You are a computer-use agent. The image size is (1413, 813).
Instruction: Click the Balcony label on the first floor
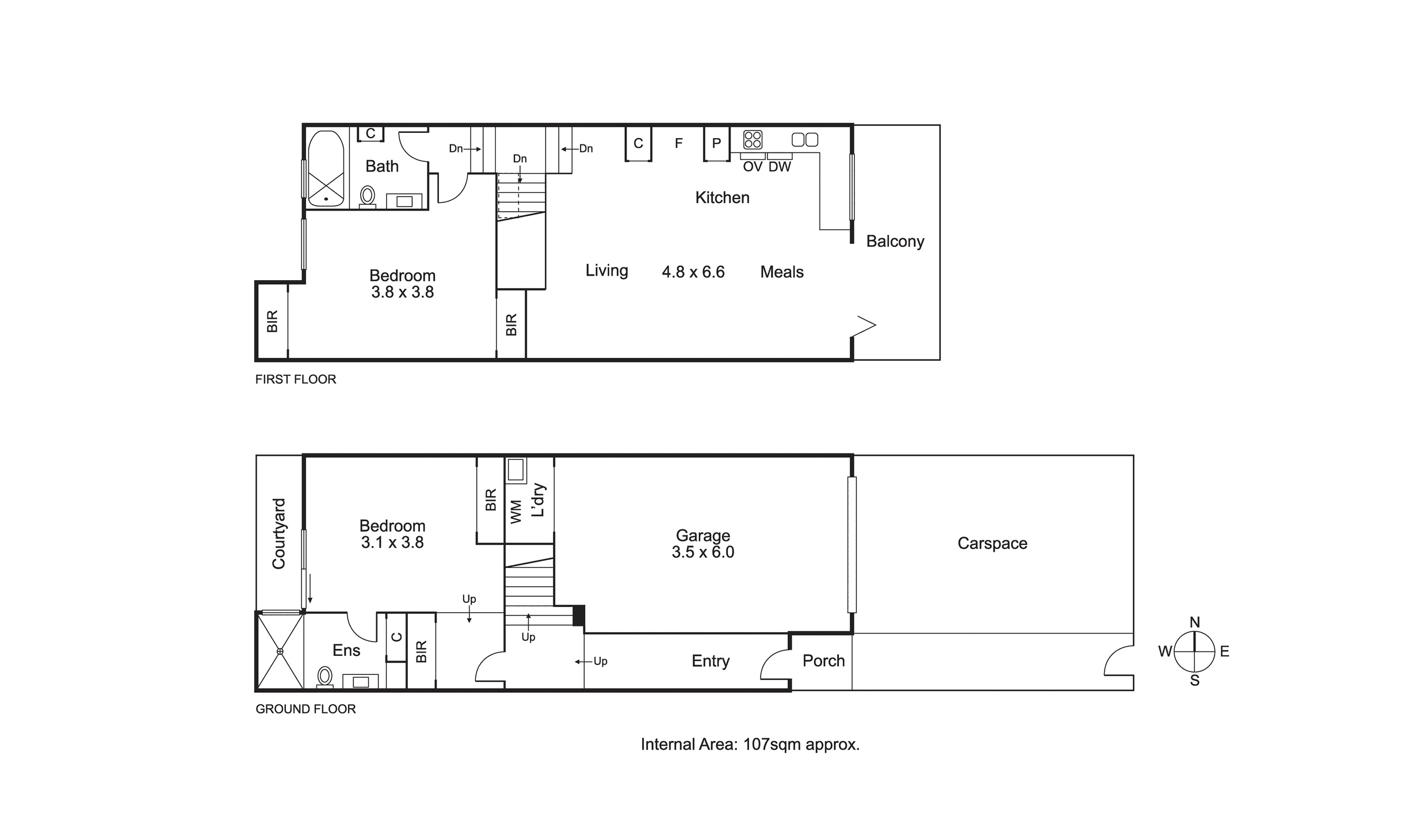pos(895,241)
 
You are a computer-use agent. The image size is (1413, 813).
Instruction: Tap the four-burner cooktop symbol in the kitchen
pos(752,139)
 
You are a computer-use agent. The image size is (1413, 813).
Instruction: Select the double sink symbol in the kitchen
pos(804,139)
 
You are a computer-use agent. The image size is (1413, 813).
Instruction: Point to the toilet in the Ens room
pos(325,677)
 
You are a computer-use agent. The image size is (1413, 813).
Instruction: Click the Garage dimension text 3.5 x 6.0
pos(702,552)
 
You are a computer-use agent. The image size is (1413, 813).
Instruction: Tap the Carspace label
pos(992,543)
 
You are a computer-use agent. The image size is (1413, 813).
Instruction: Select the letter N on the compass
pos(1194,622)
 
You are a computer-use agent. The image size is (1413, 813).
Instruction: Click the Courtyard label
pos(278,534)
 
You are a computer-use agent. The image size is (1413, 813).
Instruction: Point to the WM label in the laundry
pos(515,512)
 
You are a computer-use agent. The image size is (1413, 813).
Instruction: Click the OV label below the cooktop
pos(752,167)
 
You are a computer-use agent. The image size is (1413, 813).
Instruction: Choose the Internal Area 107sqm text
pos(750,745)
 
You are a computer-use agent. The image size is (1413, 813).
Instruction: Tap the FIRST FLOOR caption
pos(295,379)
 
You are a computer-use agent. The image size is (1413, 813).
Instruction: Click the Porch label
pos(823,661)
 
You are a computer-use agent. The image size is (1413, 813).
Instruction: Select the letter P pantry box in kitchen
pos(716,143)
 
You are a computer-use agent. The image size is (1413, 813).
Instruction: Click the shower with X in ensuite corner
pos(280,651)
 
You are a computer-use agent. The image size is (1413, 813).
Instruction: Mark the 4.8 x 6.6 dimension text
pos(693,272)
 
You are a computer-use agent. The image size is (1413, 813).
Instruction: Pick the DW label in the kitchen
pos(780,167)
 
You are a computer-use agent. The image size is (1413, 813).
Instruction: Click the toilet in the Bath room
pos(367,196)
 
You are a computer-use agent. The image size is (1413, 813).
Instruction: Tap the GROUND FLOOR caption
pos(305,709)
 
